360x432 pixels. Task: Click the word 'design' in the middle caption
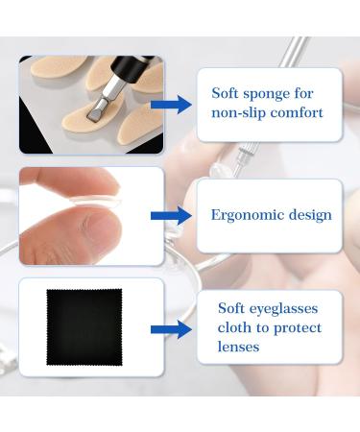pos(308,214)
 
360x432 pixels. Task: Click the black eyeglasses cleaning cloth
pos(84,326)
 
